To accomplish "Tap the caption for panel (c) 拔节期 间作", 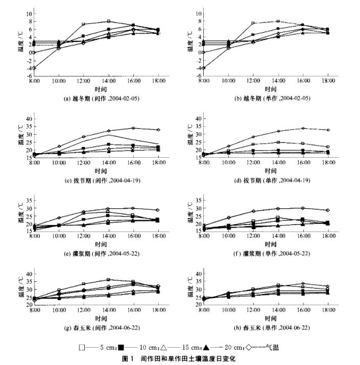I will tap(95, 179).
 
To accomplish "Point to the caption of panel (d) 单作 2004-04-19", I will tap(266, 179).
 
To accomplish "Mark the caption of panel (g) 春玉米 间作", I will tap(95, 327).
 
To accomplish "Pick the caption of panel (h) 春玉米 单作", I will tap(266, 327).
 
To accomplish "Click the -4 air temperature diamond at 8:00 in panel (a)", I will tap(34, 68).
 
